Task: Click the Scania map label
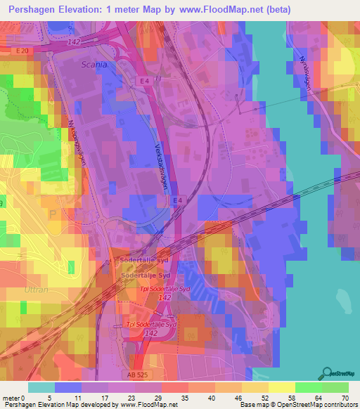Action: (95, 64)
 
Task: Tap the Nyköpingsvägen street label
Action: (83, 141)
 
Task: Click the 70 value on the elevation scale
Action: (345, 397)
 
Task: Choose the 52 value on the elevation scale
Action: (264, 397)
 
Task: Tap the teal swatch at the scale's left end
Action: (41, 387)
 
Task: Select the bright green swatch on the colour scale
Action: (308, 387)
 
